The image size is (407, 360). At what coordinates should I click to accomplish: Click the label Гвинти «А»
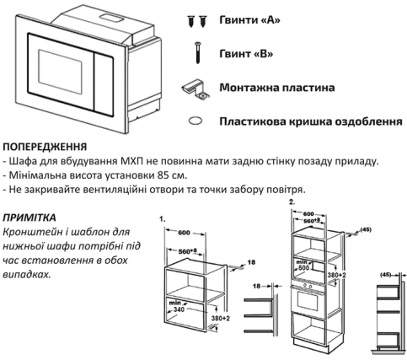[249, 20]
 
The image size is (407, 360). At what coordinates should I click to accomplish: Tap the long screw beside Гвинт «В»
[198, 52]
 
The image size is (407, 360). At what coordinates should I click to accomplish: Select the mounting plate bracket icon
[196, 89]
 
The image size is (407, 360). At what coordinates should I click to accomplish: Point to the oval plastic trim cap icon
[195, 121]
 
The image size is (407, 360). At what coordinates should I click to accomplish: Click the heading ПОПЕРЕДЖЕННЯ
[45, 147]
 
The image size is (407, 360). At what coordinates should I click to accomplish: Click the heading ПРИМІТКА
[29, 218]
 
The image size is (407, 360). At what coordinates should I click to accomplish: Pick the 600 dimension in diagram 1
[184, 233]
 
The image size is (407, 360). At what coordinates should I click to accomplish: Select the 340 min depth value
[179, 309]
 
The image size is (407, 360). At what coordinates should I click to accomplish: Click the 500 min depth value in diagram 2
[303, 267]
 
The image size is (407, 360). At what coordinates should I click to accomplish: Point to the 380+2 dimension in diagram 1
[220, 319]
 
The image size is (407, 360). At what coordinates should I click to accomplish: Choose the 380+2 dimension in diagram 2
[337, 275]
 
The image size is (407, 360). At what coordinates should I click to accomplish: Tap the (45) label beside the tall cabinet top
[365, 229]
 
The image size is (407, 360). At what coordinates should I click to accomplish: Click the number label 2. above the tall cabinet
[292, 201]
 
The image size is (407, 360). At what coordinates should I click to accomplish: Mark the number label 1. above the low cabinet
[162, 218]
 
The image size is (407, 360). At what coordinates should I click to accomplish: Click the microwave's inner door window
[60, 72]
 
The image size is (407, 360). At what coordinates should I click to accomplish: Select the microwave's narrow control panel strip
[104, 83]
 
